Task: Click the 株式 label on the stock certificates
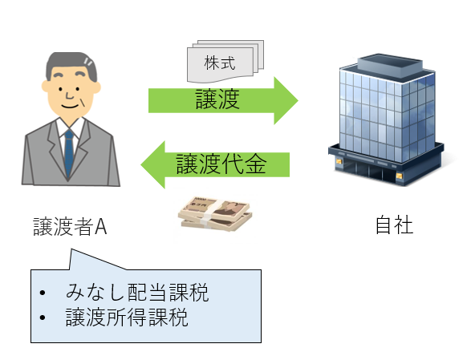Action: coord(220,63)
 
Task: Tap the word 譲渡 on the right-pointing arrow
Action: coord(217,99)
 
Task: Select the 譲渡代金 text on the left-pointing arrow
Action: coord(221,164)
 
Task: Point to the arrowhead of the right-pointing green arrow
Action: coord(286,100)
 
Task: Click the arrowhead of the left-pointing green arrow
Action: coord(152,164)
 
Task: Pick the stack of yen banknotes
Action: coord(215,213)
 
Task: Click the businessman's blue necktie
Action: coord(69,152)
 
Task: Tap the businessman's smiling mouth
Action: coord(70,106)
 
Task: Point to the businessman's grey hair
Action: coord(71,64)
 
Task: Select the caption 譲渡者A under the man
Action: coord(70,227)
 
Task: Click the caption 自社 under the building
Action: coord(394,225)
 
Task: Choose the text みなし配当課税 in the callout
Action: coord(137,293)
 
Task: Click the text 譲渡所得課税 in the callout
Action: coord(127,318)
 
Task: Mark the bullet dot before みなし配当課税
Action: coord(43,293)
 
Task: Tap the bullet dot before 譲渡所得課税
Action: coord(43,318)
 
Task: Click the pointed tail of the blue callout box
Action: coord(71,249)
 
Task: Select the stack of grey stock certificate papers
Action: coord(225,61)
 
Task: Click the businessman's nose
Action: coord(69,95)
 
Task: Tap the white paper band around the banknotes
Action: coord(212,212)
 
